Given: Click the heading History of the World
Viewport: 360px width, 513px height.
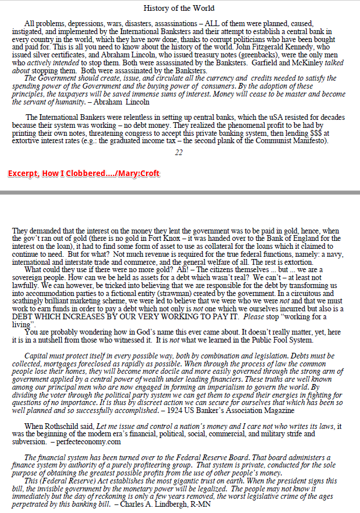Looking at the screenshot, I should pyautogui.click(x=179, y=8).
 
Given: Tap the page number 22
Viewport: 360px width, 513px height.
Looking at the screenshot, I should pyautogui.click(x=179, y=152).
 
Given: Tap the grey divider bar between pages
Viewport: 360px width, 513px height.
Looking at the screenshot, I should pyautogui.click(x=180, y=193).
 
